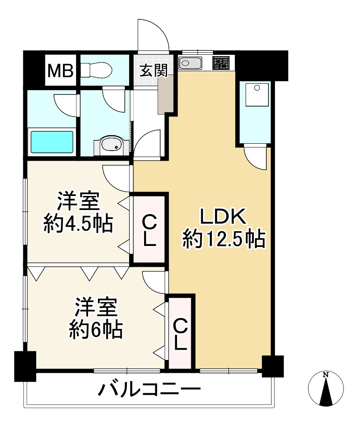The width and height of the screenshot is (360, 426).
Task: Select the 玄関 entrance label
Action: click(x=153, y=70)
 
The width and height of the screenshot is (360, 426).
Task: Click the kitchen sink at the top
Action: click(x=190, y=63)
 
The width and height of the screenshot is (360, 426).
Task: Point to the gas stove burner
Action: click(x=222, y=63)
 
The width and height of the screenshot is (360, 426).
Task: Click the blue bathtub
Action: click(x=52, y=141)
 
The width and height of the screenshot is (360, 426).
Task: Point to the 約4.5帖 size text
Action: click(x=78, y=223)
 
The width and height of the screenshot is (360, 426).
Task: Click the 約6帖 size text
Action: click(x=96, y=330)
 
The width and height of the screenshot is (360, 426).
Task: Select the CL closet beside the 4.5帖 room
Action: click(x=149, y=229)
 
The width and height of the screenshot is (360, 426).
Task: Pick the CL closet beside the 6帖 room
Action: click(x=181, y=332)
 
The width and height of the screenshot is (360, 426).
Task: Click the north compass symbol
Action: click(x=327, y=388)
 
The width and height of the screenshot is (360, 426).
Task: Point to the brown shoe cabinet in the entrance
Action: click(x=165, y=94)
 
